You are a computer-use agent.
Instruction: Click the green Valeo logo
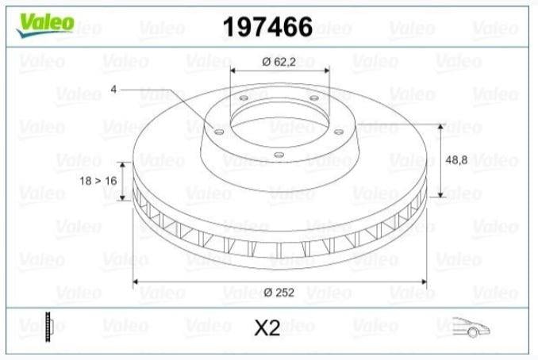coord(45,25)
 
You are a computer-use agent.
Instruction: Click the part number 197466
coord(267,27)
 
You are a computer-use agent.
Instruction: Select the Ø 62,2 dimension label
coord(279,62)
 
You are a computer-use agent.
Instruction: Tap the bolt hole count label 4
coord(113,89)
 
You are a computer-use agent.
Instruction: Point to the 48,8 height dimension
coord(456,159)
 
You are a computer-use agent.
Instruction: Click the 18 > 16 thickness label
coord(98,181)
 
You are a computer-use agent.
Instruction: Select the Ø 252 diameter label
coord(279,293)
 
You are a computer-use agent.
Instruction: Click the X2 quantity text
coord(267,328)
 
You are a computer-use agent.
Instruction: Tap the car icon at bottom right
coord(471,327)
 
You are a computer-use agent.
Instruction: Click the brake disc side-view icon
coord(48,327)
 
